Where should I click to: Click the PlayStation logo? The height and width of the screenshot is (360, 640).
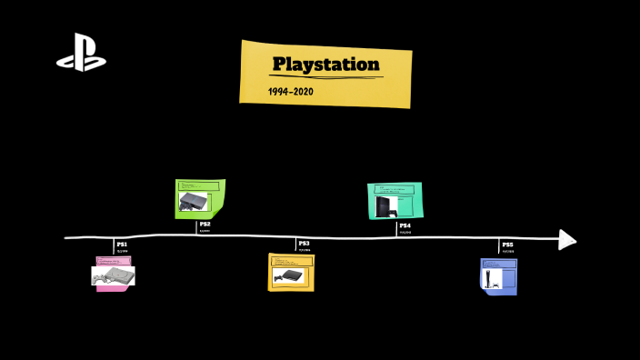coord(81,53)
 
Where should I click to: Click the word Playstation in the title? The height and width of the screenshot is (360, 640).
coord(325,65)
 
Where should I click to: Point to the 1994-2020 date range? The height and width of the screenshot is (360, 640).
coord(290,92)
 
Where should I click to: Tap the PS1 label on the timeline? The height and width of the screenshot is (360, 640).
coord(122,245)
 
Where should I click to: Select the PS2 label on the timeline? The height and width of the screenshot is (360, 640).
coord(205,224)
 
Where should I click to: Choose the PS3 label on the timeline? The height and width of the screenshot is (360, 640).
coord(305,244)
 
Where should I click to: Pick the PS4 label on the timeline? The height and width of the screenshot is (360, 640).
coord(405,225)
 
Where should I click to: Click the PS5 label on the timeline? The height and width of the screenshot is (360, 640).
coord(507,245)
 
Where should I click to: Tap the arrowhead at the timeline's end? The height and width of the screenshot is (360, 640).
coord(567,239)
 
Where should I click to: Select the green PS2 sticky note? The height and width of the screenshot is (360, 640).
coord(199,198)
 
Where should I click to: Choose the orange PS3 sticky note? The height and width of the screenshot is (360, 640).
coord(291,272)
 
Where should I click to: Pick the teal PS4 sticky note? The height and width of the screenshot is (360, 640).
coord(395,200)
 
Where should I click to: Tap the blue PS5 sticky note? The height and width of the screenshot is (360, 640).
coord(498,275)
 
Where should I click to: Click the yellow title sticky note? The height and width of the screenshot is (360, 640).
coord(325,74)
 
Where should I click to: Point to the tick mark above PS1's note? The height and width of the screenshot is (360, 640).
coord(114,245)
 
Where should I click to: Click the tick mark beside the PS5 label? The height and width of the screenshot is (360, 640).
coord(499,245)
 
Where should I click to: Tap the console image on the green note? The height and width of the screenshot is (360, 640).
coord(193,203)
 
